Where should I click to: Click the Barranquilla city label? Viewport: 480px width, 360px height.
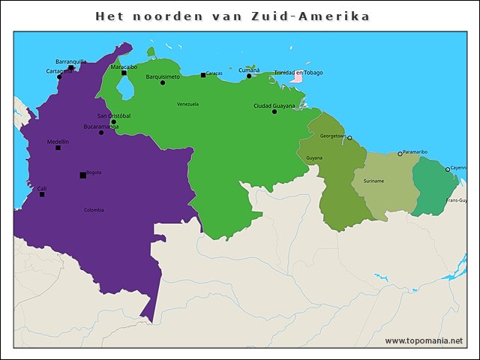click(71, 61)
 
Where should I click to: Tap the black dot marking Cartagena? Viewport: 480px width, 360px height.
click(60, 76)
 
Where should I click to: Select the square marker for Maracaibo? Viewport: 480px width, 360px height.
click(124, 73)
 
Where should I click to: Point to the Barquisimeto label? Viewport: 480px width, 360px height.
click(163, 76)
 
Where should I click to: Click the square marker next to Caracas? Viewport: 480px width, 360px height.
click(203, 75)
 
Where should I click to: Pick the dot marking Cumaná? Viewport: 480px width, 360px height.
click(249, 76)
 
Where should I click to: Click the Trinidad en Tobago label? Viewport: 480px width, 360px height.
click(298, 73)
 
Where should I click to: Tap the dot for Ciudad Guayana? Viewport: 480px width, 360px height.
click(274, 112)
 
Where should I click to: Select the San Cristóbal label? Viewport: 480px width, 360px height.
click(113, 115)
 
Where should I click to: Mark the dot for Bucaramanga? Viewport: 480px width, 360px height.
click(101, 133)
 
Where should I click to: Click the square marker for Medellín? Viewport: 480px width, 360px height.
click(58, 148)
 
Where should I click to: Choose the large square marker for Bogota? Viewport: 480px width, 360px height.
click(82, 175)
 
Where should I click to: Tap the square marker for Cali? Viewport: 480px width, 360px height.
click(42, 195)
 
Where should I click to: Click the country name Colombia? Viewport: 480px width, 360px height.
click(94, 210)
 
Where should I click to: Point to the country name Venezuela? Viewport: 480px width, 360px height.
click(187, 103)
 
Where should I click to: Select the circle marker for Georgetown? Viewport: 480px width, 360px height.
click(349, 138)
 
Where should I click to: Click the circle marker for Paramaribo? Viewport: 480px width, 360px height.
click(400, 154)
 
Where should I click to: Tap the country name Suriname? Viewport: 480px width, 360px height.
click(373, 181)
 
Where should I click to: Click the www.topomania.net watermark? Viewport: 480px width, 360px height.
click(424, 340)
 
